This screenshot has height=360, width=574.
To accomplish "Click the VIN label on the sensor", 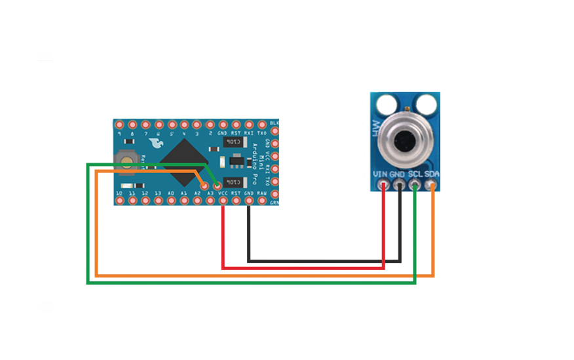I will click(380, 174).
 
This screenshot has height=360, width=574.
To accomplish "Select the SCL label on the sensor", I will click(414, 174).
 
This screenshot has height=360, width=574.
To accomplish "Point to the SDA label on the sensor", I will click(431, 174).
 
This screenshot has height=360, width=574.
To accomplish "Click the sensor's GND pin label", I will click(397, 174).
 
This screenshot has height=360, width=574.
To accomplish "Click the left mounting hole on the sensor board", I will click(386, 103).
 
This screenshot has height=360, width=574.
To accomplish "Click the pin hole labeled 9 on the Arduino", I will click(119, 125).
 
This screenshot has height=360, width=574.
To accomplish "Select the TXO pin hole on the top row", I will click(262, 125).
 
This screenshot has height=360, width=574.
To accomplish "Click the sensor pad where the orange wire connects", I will click(431, 187).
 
